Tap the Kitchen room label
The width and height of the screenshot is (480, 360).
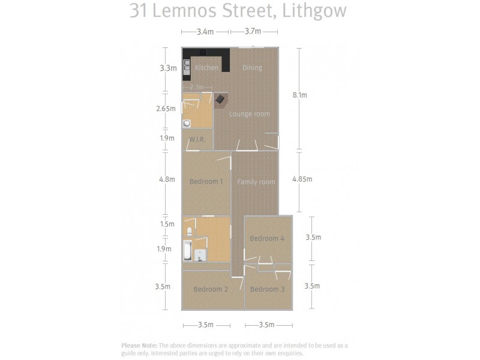click(x=206, y=68)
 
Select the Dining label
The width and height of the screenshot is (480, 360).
click(x=252, y=68)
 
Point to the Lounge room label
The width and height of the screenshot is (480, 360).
click(x=250, y=114)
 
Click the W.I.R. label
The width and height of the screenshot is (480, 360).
click(x=197, y=140)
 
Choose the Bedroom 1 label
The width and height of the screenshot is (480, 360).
click(x=206, y=182)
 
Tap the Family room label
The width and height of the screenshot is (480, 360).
click(x=256, y=182)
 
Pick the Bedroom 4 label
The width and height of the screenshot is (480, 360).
click(x=267, y=238)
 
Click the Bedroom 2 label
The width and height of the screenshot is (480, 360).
click(x=211, y=289)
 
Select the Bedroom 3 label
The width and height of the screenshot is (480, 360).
click(x=267, y=289)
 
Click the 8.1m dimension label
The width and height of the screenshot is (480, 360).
click(x=299, y=95)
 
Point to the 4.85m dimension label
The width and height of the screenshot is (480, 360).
click(x=301, y=179)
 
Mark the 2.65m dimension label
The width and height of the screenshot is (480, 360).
click(x=165, y=109)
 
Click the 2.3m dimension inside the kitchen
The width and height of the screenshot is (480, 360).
click(x=196, y=88)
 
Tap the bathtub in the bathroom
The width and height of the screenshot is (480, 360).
click(x=187, y=251)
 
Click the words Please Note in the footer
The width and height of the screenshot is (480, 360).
click(x=139, y=346)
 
